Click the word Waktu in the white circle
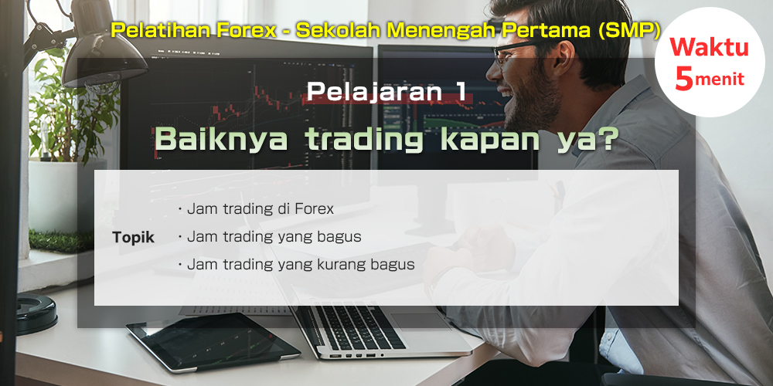point(709,48)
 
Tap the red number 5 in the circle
point(684,78)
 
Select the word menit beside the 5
point(719,80)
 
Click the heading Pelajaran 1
point(386,92)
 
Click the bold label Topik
point(133,238)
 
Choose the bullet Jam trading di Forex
point(256,208)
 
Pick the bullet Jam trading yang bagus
point(270,237)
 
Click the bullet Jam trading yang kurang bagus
point(296,265)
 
